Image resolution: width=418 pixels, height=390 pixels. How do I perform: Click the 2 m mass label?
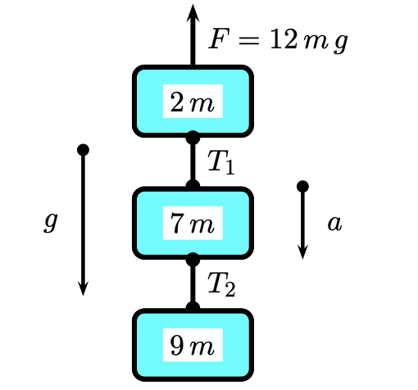192,102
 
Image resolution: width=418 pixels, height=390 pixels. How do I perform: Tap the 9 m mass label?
192,346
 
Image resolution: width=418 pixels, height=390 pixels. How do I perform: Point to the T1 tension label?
220,163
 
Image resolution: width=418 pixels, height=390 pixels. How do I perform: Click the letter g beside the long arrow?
51,222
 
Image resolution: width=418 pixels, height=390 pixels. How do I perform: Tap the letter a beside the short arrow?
334,222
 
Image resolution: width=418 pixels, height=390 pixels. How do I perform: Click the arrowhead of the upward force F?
193,12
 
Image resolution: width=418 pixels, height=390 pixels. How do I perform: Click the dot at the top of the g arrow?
83,150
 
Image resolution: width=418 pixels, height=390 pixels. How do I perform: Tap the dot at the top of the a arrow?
302,187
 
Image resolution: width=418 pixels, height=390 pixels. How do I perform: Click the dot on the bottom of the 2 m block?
193,137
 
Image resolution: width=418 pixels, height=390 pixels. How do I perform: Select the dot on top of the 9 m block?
193,308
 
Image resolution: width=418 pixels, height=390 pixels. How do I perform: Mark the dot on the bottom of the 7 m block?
193,259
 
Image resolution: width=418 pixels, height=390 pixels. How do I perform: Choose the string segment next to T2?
193,283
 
